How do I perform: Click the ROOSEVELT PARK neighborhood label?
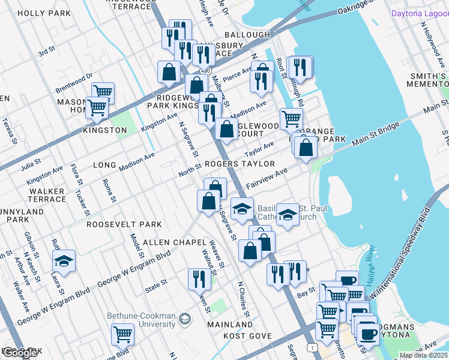[124, 224]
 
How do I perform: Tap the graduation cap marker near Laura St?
[64, 262]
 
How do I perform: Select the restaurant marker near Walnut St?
[199, 278]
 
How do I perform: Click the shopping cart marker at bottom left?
[122, 334]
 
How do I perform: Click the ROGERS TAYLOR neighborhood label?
[240, 164]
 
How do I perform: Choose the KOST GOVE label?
[248, 336]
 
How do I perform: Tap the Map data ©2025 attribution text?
[423, 355]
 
